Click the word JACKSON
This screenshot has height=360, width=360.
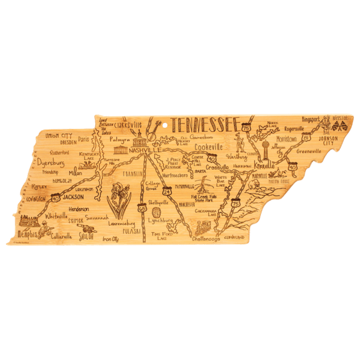pyautogui.click(x=73, y=196)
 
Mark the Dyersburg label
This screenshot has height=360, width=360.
pyautogui.click(x=50, y=163)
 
